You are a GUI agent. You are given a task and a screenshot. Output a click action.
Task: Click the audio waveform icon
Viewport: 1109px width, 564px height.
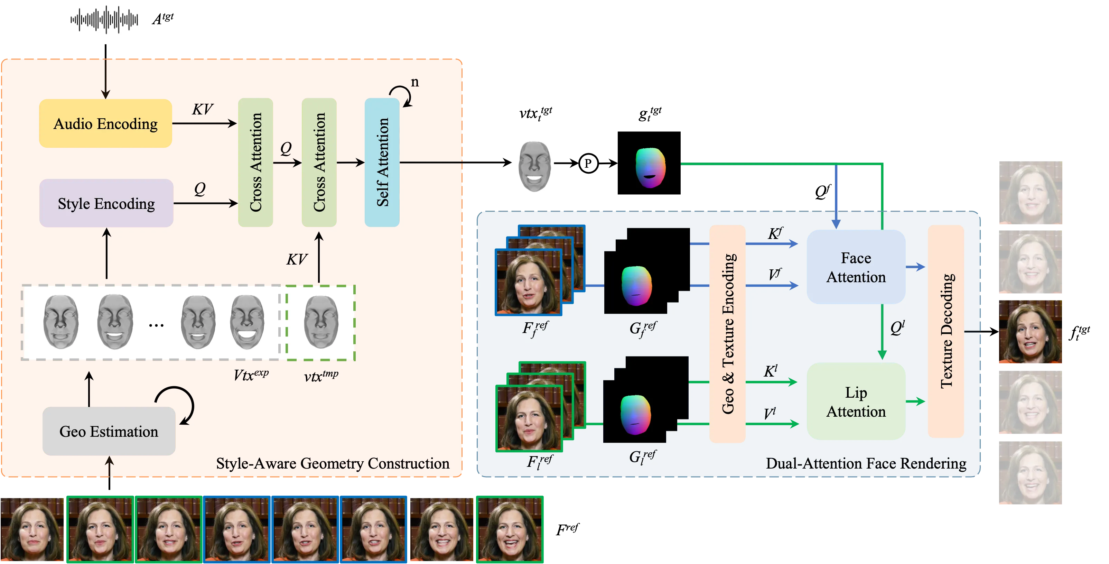(x=104, y=19)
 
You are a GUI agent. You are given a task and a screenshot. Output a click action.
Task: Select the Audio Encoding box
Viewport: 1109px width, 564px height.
(x=105, y=123)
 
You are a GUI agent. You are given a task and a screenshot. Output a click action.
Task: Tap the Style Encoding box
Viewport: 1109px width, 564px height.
(x=106, y=203)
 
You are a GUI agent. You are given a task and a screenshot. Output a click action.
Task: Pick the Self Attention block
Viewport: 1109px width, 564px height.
(x=382, y=162)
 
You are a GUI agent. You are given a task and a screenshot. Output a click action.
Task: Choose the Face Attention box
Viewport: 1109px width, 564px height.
(x=856, y=267)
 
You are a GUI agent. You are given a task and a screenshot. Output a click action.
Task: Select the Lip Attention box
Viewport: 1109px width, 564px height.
(x=856, y=401)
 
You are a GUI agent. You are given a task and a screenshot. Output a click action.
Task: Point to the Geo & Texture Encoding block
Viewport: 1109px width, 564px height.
(x=728, y=334)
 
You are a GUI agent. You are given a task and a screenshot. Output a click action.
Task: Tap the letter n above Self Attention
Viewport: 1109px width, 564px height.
(x=414, y=82)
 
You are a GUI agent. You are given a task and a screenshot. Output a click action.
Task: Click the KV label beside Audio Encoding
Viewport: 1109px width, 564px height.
(x=202, y=109)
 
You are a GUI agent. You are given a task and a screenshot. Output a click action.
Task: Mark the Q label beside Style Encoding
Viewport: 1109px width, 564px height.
(x=200, y=188)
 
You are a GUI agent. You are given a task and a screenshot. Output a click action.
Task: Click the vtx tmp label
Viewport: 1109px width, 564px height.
(x=321, y=376)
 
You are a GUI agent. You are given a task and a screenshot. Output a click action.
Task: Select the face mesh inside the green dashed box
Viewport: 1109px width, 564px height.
(x=321, y=322)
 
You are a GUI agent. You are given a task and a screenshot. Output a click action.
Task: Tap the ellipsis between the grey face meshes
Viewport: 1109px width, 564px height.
(x=156, y=325)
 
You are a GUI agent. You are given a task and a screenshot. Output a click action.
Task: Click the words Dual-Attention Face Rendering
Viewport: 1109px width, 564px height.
(x=866, y=464)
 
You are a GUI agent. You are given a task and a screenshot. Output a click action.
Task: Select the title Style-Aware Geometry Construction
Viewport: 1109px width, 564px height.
(x=332, y=464)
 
